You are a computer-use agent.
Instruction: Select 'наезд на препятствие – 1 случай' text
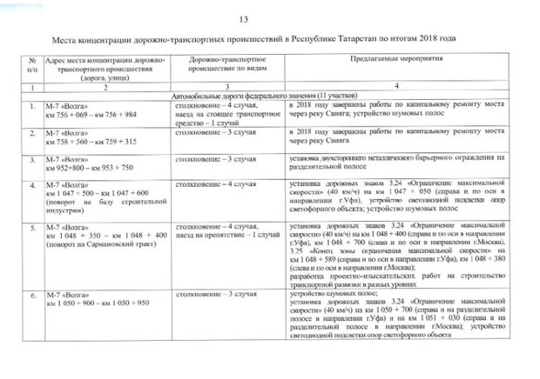(228, 236)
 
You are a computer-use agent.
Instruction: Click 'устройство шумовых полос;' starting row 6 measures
(326, 295)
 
